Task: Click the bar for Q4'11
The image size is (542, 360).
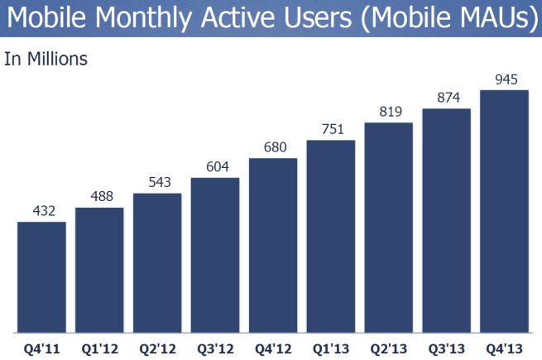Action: click(41, 276)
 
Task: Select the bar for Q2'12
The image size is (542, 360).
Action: click(157, 262)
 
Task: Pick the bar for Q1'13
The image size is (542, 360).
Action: click(331, 236)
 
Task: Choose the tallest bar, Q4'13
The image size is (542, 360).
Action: click(504, 210)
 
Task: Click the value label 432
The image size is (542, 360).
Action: click(41, 211)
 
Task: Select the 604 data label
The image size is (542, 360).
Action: click(215, 167)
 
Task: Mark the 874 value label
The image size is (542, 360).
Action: click(447, 97)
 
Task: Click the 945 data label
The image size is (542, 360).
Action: click(504, 79)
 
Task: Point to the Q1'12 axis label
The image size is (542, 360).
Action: click(99, 347)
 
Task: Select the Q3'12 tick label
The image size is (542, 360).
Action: click(215, 347)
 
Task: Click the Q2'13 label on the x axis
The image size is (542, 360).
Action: click(389, 347)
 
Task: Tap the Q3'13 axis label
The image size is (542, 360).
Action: click(447, 347)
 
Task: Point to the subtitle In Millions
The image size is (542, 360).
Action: click(46, 59)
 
